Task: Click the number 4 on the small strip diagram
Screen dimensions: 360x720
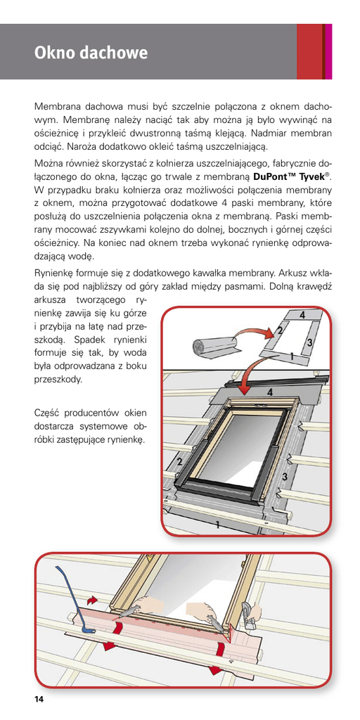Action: tap(302, 316)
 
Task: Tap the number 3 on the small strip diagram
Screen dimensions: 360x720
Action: tap(309, 342)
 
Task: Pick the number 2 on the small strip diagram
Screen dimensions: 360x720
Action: tap(279, 330)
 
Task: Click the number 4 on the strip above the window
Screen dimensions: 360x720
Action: tap(270, 392)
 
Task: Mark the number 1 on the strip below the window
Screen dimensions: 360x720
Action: tap(217, 525)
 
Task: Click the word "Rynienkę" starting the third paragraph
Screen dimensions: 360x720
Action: tap(54, 274)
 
